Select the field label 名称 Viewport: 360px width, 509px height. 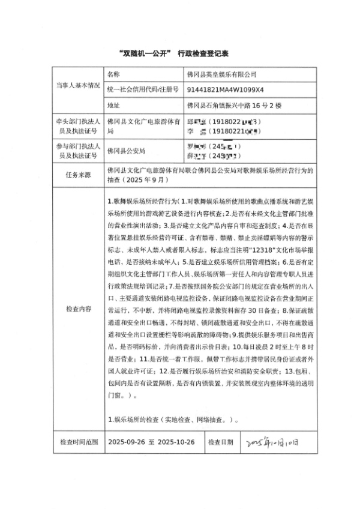pos(113,74)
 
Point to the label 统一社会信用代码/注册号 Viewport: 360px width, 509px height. pos(143,89)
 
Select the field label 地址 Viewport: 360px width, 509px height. pos(113,106)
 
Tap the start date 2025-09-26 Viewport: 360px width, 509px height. pos(127,442)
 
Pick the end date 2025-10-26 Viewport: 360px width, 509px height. pos(176,442)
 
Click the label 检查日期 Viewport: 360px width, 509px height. pos(220,442)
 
